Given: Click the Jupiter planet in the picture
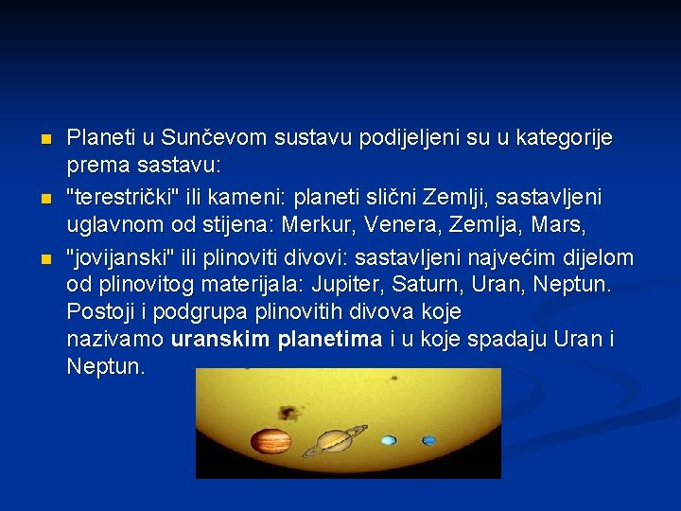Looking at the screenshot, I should [271, 441].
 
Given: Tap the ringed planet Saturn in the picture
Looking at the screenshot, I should [334, 440].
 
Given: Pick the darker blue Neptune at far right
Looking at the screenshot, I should [429, 440].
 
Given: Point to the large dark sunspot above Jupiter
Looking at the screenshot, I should [285, 412].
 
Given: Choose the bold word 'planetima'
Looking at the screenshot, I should [330, 339].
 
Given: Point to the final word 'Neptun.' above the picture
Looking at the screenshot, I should [106, 366].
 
